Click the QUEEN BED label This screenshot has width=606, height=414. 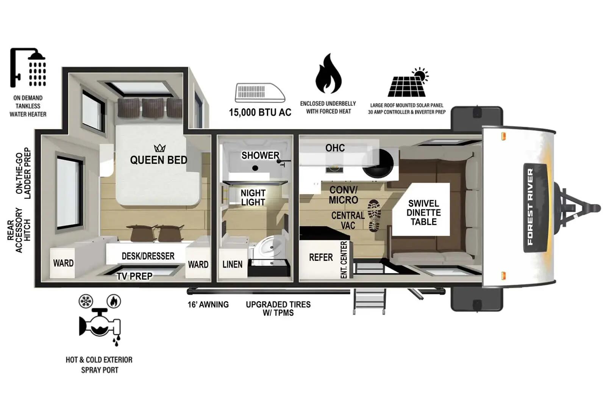[x=159, y=160]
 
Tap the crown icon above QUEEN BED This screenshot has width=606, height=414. [x=159, y=148]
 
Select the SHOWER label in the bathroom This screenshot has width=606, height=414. [x=260, y=155]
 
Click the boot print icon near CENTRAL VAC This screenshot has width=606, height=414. [x=374, y=215]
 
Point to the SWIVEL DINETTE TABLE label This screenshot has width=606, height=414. [x=424, y=213]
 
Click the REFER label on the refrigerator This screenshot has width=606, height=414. [x=321, y=257]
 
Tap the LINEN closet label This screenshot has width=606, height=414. [x=233, y=264]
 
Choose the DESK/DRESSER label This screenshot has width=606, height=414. [x=148, y=256]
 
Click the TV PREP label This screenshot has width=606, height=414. [x=134, y=276]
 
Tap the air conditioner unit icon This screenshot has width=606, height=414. [x=260, y=93]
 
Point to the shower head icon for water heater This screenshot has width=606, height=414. [x=28, y=68]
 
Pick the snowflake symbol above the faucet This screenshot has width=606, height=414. [x=86, y=301]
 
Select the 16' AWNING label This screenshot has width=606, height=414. [x=208, y=304]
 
